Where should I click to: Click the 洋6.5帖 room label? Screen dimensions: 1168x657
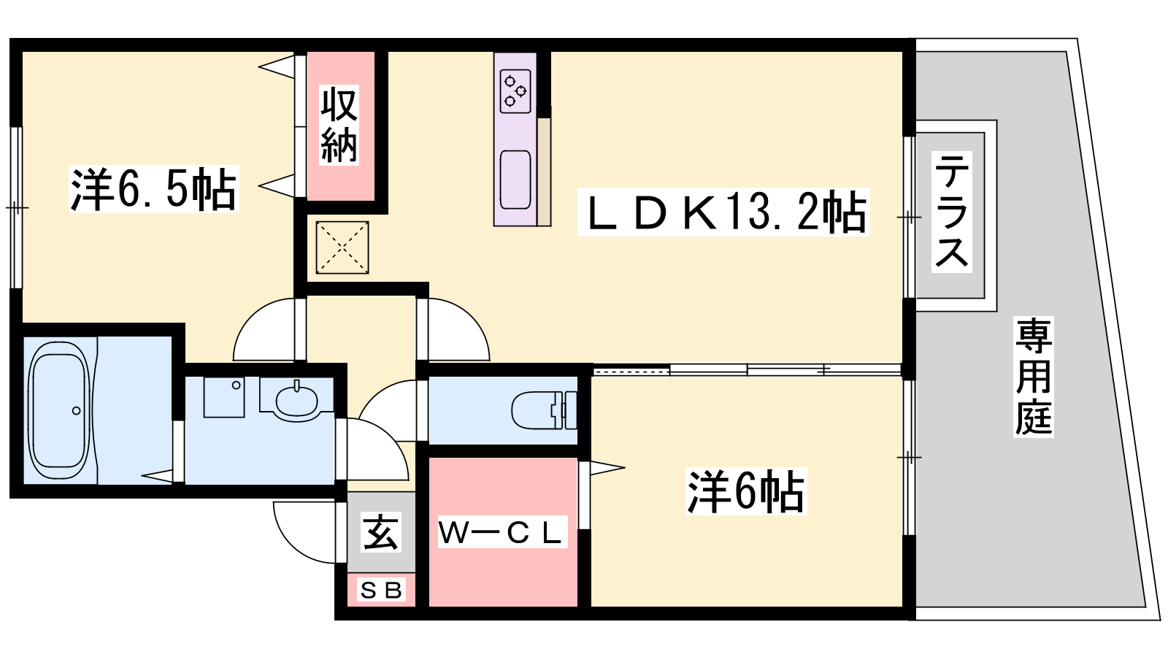pyautogui.click(x=154, y=189)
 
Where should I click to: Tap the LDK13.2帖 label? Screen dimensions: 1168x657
pyautogui.click(x=723, y=212)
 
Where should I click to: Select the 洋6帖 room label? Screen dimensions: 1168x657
pyautogui.click(x=746, y=491)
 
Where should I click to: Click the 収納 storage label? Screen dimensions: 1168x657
pyautogui.click(x=339, y=126)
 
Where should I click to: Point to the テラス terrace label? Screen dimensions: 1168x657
pyautogui.click(x=952, y=212)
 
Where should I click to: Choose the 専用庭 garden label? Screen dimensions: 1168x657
pyautogui.click(x=1034, y=377)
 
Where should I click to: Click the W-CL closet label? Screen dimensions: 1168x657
pyautogui.click(x=502, y=532)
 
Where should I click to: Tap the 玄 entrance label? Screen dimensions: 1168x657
pyautogui.click(x=381, y=532)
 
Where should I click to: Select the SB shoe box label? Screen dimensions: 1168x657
pyautogui.click(x=381, y=591)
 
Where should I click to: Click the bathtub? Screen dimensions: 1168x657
pyautogui.click(x=59, y=410)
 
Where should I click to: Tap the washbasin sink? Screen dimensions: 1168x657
pyautogui.click(x=296, y=401)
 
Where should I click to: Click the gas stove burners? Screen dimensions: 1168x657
pyautogui.click(x=515, y=91)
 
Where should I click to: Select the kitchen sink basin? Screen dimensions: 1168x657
pyautogui.click(x=515, y=180)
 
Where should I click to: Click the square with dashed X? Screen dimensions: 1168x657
pyautogui.click(x=342, y=247)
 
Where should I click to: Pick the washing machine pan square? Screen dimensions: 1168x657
pyautogui.click(x=224, y=397)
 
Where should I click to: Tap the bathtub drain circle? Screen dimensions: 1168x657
pyautogui.click(x=77, y=411)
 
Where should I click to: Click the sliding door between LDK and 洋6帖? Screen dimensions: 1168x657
pyautogui.click(x=748, y=370)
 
